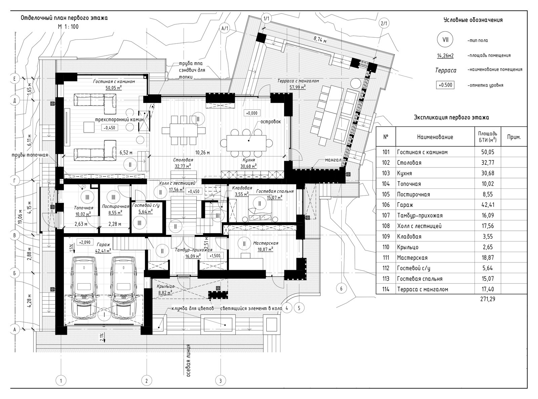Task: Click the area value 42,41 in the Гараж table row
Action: point(488,205)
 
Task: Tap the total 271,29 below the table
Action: point(488,299)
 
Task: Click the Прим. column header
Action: point(514,137)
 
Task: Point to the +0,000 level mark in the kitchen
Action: point(252,113)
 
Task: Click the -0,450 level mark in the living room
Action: point(109,128)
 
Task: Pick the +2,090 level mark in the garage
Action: point(85,242)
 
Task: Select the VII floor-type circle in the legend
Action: point(445,40)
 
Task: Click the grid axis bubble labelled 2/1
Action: point(384,24)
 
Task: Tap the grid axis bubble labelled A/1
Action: point(225,28)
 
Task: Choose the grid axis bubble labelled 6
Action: point(342,289)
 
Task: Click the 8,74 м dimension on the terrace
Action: point(320,39)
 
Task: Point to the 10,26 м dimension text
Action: point(202,153)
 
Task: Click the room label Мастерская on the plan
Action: point(266,243)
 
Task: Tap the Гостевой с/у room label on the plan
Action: point(146,205)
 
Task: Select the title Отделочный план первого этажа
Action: point(64,18)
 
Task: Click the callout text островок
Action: point(271,121)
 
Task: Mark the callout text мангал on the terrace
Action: point(333,160)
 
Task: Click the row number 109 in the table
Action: point(386,237)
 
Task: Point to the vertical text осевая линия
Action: point(189,361)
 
